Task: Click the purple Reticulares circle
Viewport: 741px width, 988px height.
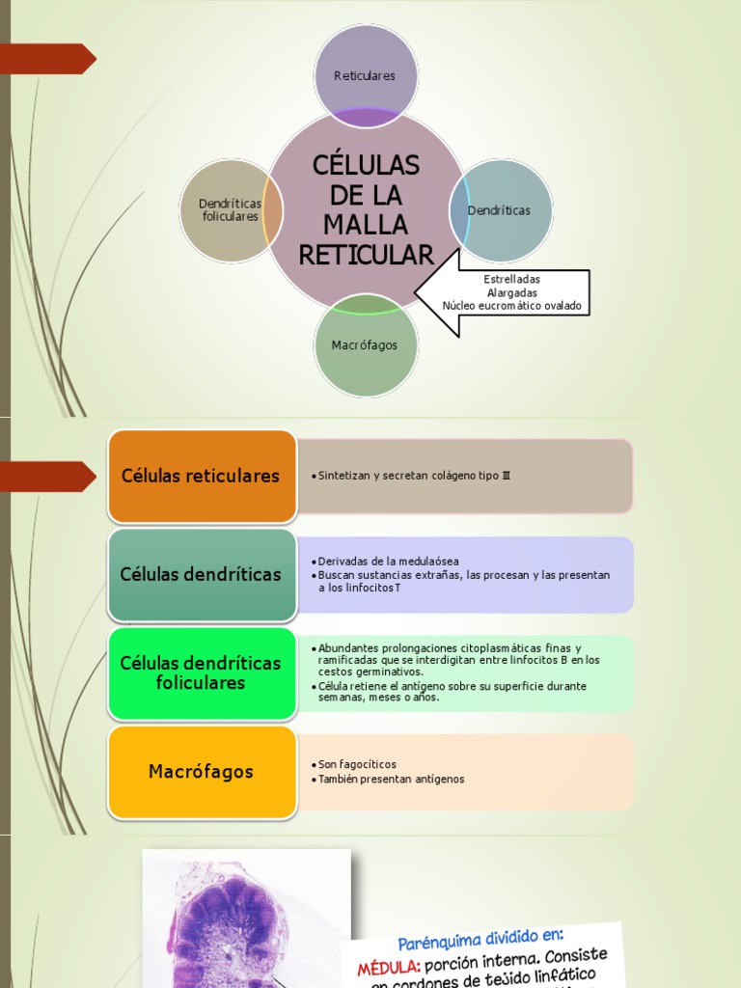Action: (365, 75)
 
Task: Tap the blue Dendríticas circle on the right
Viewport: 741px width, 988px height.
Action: (500, 210)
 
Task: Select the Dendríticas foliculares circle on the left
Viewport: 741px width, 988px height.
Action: (230, 210)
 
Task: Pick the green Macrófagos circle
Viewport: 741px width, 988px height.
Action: (365, 345)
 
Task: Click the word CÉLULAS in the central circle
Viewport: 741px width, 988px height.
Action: (367, 166)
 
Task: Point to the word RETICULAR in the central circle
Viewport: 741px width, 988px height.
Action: (367, 256)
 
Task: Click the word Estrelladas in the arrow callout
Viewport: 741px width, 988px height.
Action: (511, 280)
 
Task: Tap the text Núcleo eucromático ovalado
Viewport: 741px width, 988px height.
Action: (512, 306)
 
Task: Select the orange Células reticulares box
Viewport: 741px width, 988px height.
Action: (201, 476)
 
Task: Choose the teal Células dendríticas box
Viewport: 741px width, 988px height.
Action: (201, 574)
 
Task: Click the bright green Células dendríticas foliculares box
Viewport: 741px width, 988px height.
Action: (201, 672)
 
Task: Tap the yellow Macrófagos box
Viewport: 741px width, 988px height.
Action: (201, 772)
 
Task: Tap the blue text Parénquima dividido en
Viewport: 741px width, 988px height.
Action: (480, 939)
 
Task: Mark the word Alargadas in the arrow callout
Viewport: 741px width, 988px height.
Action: (511, 293)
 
